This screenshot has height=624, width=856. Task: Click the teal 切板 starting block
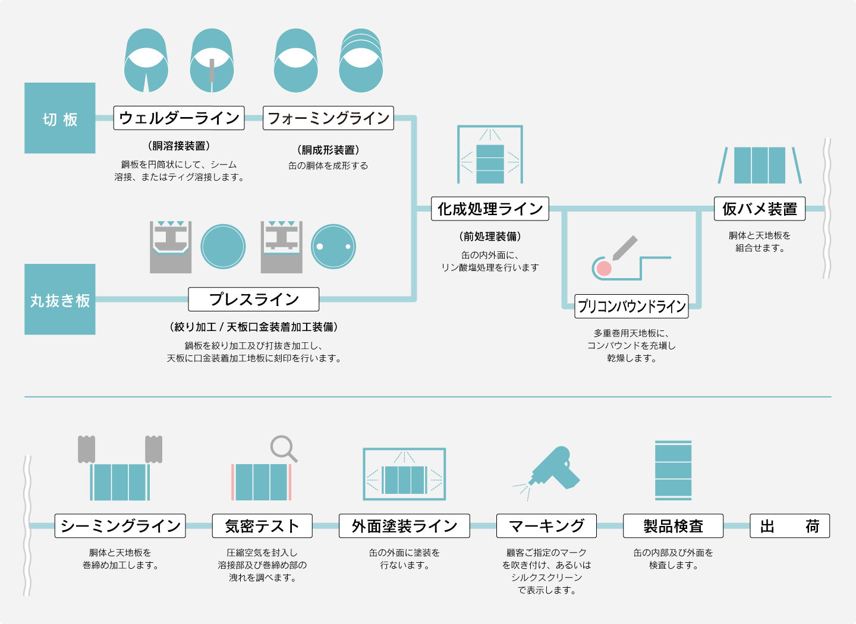click(x=60, y=118)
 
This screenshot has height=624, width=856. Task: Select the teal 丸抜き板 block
click(x=60, y=300)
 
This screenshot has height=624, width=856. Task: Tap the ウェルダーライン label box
click(x=179, y=118)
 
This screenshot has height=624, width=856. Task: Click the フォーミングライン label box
click(x=328, y=118)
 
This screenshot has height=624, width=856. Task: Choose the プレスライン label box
click(x=254, y=300)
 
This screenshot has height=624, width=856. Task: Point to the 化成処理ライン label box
click(x=490, y=209)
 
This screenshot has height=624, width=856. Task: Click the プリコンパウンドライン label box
click(x=631, y=306)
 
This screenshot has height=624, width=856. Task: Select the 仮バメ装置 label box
click(x=760, y=209)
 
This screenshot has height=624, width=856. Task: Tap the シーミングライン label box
click(x=120, y=526)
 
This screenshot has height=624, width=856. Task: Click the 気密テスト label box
click(x=262, y=526)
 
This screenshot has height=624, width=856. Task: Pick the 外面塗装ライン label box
click(x=404, y=526)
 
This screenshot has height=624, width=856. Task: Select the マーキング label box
click(x=546, y=526)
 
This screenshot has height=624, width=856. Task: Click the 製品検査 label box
click(x=673, y=526)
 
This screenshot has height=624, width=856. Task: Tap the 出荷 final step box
click(x=789, y=526)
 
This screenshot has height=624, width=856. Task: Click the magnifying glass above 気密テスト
click(x=283, y=449)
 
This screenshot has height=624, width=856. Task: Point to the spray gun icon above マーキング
click(x=553, y=469)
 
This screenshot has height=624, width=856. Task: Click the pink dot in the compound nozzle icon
click(x=603, y=268)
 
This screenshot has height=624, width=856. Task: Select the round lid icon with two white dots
click(x=333, y=247)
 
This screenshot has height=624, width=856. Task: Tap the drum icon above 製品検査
click(x=673, y=470)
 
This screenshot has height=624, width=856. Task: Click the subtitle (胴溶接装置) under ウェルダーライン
click(x=179, y=146)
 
